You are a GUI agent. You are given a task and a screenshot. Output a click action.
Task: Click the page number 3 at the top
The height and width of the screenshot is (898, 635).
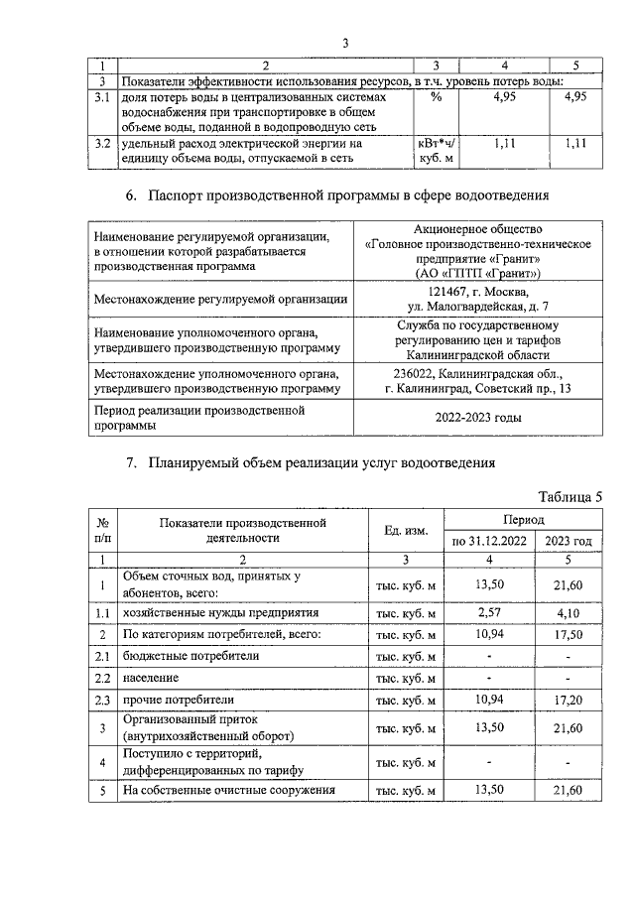pyautogui.click(x=345, y=43)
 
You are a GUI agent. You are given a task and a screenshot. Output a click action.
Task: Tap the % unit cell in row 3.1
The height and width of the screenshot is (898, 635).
pyautogui.click(x=437, y=98)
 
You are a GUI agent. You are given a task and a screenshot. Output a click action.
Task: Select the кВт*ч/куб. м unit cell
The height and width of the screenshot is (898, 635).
pyautogui.click(x=437, y=151)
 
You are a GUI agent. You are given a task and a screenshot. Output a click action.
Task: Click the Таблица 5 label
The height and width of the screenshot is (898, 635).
pyautogui.click(x=571, y=496)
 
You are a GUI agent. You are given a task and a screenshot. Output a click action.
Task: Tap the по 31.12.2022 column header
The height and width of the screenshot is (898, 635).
pyautogui.click(x=486, y=542)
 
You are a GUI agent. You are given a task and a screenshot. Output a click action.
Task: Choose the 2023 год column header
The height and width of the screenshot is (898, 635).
pyautogui.click(x=569, y=542)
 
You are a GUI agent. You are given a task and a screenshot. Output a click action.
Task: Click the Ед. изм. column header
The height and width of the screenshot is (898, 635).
pyautogui.click(x=406, y=531)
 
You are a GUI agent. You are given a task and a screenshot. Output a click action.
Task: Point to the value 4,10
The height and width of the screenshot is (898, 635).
pyautogui.click(x=569, y=614)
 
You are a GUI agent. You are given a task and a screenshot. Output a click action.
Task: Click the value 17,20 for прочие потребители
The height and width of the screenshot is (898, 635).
pyautogui.click(x=569, y=699)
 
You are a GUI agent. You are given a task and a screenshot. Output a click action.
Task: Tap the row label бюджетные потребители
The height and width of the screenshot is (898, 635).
pyautogui.click(x=178, y=657)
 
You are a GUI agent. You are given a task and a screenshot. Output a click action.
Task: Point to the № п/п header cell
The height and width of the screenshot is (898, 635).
pyautogui.click(x=102, y=531)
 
